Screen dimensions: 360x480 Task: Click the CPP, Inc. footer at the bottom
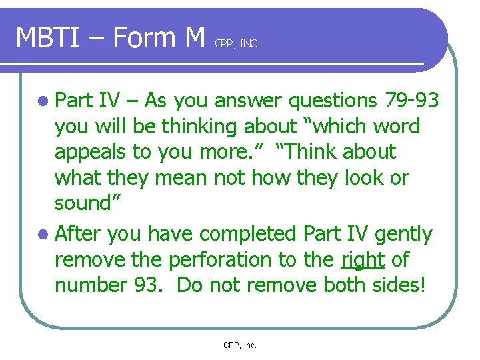(240, 345)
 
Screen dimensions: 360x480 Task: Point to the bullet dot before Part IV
(43, 101)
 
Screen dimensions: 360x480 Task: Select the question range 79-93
(412, 101)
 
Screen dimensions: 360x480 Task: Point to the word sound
(82, 203)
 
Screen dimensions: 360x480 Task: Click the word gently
(403, 234)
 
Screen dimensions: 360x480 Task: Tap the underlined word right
(363, 259)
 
